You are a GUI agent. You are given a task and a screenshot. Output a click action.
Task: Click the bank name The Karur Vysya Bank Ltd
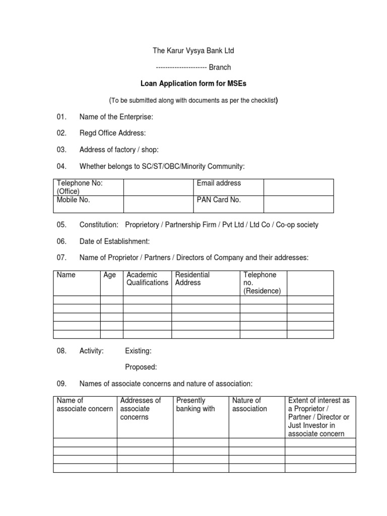[193, 51]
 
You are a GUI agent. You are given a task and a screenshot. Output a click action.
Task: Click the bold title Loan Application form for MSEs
[193, 84]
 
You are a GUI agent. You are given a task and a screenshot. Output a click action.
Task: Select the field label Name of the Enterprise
[116, 117]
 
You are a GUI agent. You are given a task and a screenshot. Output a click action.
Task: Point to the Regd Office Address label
[112, 133]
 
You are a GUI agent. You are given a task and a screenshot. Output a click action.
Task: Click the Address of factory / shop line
[119, 150]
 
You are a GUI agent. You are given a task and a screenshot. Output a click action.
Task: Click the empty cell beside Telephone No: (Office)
[159, 187]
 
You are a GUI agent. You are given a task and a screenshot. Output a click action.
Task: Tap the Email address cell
[219, 183]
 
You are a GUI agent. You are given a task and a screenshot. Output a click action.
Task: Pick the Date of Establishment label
[114, 241]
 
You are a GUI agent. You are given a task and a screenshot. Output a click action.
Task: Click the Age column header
[109, 275]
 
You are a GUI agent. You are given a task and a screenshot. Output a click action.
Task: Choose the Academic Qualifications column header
[147, 279]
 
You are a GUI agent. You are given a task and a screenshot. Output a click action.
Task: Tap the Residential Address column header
[192, 279]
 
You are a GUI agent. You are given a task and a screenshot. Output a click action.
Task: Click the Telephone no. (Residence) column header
[262, 283]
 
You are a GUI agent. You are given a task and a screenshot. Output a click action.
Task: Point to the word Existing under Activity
[138, 351]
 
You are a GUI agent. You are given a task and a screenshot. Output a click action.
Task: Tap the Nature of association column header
[249, 405]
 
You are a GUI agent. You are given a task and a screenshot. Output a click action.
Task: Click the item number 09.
[61, 383]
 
